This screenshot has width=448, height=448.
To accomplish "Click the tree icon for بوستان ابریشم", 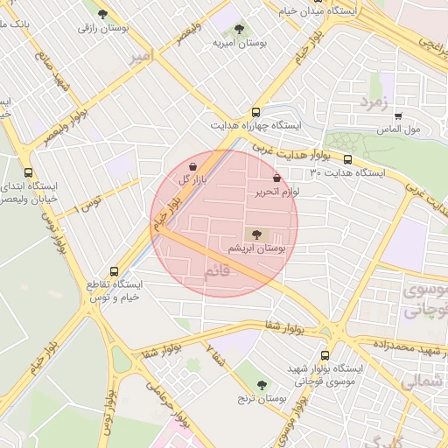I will point(255,234).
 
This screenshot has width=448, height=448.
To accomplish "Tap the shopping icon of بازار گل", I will point(193,165).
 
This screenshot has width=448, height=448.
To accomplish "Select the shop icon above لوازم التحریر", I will point(276,178).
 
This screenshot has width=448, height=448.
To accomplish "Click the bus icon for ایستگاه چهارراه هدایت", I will point(255,112).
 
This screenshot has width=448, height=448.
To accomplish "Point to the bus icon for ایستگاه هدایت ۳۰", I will point(348,160).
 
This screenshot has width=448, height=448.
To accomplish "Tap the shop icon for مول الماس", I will point(398,115).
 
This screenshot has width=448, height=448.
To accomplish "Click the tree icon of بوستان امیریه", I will point(240,31).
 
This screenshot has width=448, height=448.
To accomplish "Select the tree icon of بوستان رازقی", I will point(103,14).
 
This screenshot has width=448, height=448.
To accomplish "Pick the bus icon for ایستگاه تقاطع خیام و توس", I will point(114,271).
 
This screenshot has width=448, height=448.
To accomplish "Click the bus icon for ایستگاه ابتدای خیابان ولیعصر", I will point(29,172).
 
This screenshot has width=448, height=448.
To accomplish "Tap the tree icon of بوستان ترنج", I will point(262,385).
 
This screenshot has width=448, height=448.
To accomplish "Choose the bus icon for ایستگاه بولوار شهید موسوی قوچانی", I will point(326,355).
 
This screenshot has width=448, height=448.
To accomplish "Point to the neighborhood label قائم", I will point(220,271).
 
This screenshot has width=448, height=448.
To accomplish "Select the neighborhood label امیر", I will point(141,57).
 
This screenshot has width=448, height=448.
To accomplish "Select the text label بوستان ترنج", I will point(263,399).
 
